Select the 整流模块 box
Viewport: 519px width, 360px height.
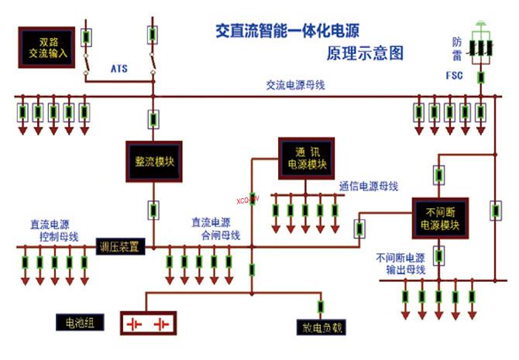click(x=153, y=162)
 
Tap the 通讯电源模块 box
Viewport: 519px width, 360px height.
click(x=308, y=157)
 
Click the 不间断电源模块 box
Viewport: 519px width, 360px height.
click(x=439, y=218)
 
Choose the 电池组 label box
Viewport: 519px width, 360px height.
click(x=75, y=321)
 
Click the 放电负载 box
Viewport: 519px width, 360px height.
click(x=319, y=327)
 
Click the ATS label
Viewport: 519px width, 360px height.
click(x=119, y=70)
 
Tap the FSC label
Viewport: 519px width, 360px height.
click(x=455, y=77)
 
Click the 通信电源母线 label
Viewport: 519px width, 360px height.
click(x=368, y=187)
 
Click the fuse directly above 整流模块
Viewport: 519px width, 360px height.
click(x=153, y=119)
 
